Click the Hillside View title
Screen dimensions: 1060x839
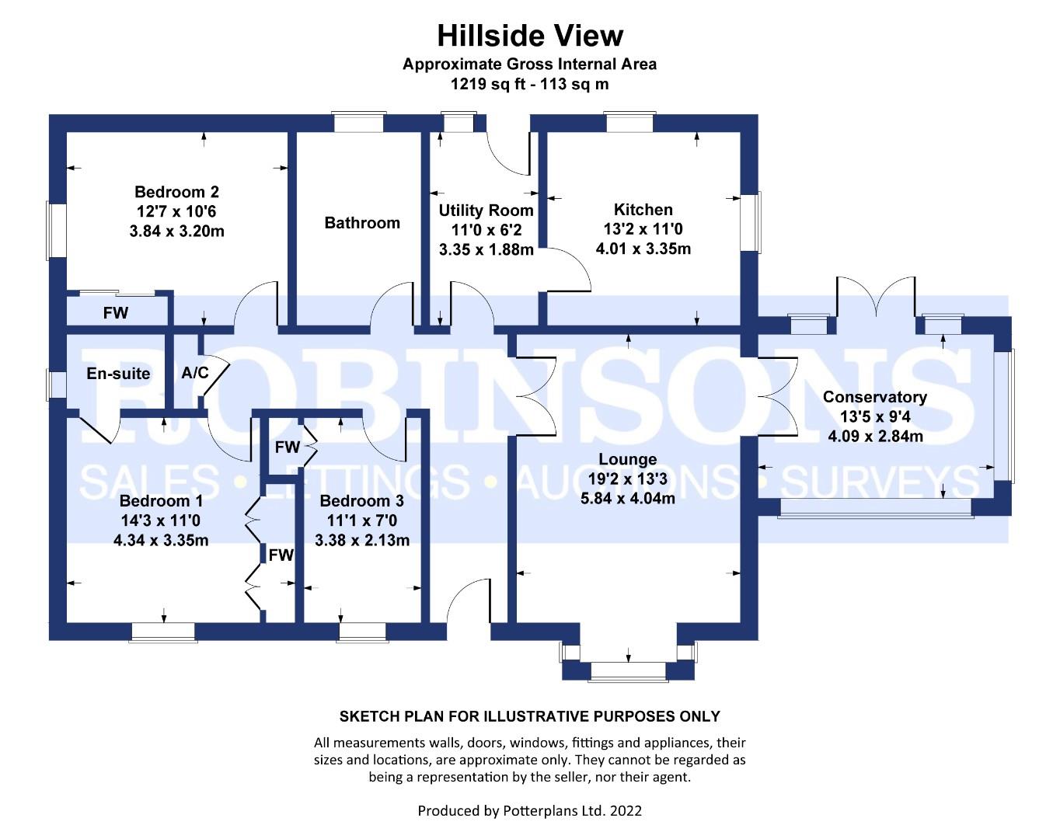click(530, 36)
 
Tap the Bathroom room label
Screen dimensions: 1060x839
click(362, 223)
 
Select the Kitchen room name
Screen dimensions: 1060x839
click(643, 209)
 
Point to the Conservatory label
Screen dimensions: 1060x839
click(875, 397)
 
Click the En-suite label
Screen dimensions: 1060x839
click(118, 374)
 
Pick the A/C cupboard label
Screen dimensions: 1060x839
click(195, 373)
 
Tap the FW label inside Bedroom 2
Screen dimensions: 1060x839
click(116, 312)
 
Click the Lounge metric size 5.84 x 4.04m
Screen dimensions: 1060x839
click(627, 498)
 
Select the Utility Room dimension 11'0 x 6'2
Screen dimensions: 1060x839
click(486, 230)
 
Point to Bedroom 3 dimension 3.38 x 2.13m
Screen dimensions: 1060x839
click(362, 540)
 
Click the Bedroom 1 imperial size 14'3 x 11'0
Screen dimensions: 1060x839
click(161, 520)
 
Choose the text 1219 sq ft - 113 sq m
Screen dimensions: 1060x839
click(529, 84)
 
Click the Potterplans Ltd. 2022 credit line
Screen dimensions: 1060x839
click(529, 810)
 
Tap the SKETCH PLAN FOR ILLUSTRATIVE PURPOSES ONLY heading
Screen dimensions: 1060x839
click(529, 716)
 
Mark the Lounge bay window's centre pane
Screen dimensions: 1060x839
click(628, 672)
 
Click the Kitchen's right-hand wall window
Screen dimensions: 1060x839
click(751, 221)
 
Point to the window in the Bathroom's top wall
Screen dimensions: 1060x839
click(358, 122)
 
